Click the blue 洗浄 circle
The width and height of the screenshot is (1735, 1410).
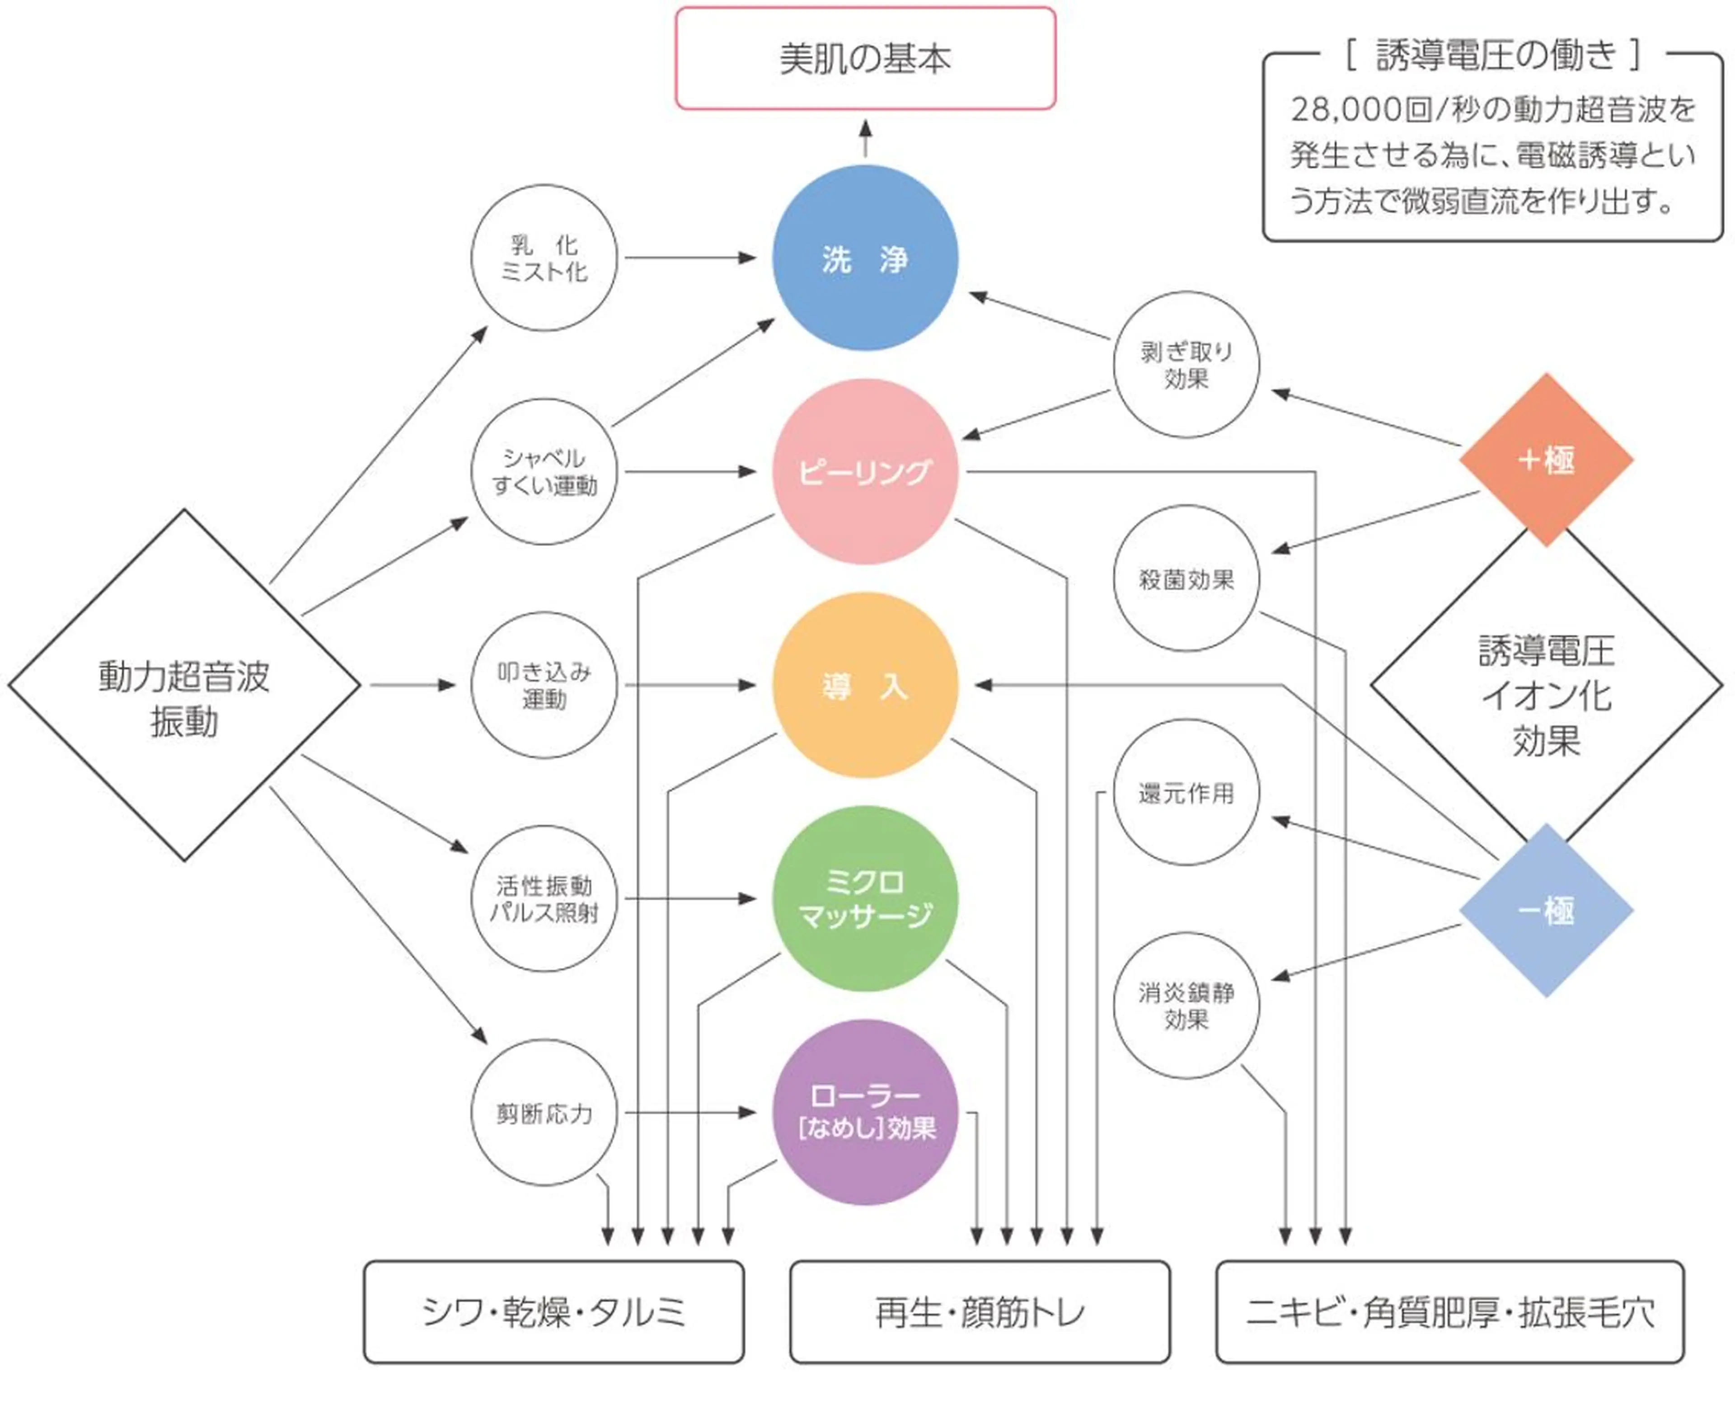coord(865,258)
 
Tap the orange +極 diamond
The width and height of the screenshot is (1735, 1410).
coord(1545,460)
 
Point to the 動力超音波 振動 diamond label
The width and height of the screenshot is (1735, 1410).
coord(184,699)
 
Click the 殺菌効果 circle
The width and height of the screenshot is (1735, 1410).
coord(1186,579)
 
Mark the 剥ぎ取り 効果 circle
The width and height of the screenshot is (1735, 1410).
coord(1186,365)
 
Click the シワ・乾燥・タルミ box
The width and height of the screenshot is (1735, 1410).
coord(553,1312)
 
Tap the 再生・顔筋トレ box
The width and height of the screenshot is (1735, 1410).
coord(980,1312)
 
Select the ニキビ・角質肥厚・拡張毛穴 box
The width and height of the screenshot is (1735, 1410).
coord(1450,1312)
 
